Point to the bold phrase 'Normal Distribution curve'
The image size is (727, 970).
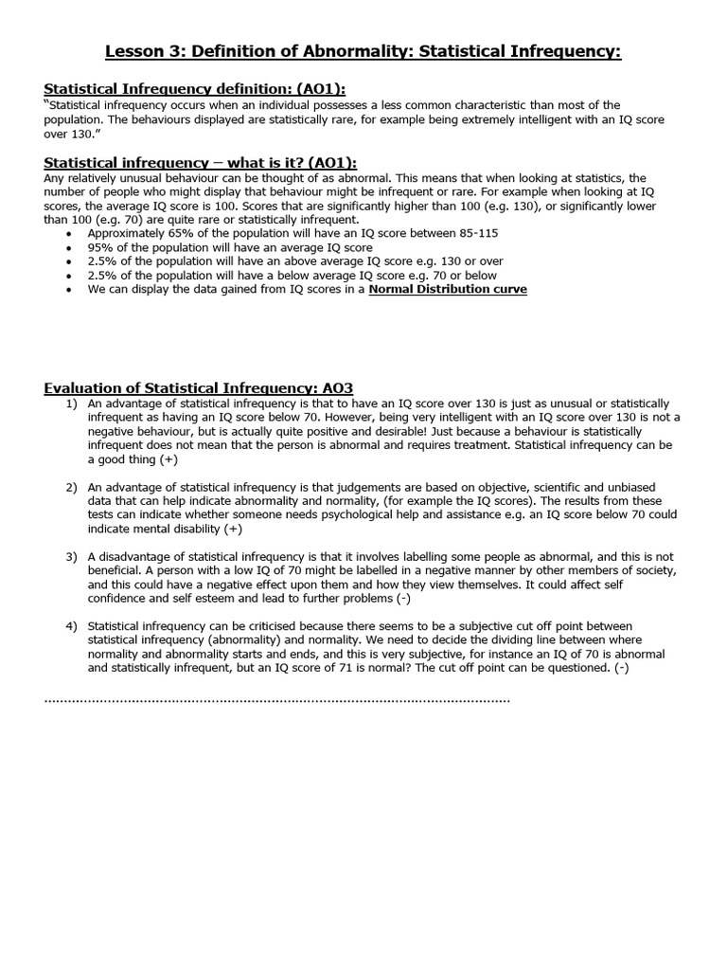click(x=448, y=289)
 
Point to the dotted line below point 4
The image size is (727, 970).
click(x=276, y=701)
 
